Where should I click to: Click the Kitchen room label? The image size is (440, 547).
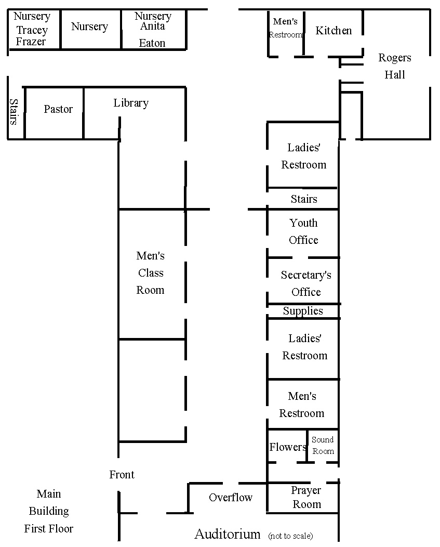(x=334, y=31)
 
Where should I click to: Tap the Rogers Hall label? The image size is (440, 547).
(x=395, y=66)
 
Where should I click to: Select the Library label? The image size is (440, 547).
(x=131, y=103)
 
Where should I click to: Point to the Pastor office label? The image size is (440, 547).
(x=58, y=109)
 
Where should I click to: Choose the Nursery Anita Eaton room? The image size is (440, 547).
(x=153, y=29)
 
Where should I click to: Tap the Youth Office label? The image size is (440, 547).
(x=303, y=231)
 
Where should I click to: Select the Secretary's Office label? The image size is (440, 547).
(x=306, y=283)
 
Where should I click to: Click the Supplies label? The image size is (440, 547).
(x=303, y=311)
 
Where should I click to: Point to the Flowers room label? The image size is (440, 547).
(x=288, y=447)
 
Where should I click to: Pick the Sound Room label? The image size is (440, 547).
(x=323, y=446)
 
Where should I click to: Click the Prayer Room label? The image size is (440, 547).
(x=306, y=497)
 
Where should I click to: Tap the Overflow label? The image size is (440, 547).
(x=231, y=498)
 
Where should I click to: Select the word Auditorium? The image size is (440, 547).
(x=228, y=534)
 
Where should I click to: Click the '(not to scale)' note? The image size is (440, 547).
(x=290, y=536)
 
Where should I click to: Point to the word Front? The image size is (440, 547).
(x=122, y=474)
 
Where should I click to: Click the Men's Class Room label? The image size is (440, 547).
(x=150, y=273)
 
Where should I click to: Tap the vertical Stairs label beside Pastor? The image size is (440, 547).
(x=14, y=112)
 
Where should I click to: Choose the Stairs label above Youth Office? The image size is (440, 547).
(x=304, y=199)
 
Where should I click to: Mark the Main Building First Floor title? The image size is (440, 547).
(x=49, y=511)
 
